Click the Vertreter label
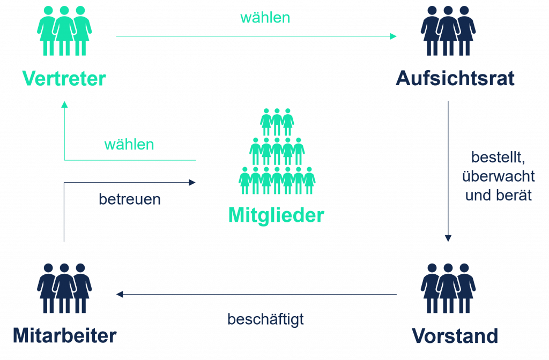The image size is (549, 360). (64, 79)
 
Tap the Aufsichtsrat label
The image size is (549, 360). (455, 79)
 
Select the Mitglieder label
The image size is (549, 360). (276, 215)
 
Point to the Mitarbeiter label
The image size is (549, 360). (64, 336)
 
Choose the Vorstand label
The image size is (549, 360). (455, 336)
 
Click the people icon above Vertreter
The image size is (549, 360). (64, 31)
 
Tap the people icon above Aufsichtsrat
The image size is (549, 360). (448, 31)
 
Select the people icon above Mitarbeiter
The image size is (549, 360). (64, 288)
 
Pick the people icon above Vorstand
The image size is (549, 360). (448, 288)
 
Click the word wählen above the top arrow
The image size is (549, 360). (265, 18)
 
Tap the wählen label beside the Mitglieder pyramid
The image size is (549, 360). (129, 145)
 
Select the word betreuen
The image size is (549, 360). (129, 199)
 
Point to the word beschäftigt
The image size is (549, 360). (265, 319)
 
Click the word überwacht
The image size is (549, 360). (499, 176)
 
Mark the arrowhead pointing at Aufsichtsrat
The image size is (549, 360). (394, 36)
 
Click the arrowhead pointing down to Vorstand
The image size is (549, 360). (449, 238)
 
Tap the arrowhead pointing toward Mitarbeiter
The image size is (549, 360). (120, 294)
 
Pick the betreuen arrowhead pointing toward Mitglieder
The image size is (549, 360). (192, 183)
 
